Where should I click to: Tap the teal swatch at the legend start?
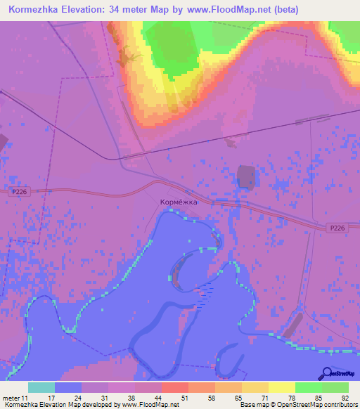41,387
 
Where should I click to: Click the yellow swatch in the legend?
282,387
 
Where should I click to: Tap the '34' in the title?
127,10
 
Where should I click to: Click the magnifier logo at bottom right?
328,373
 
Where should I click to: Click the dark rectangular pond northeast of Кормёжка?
246,176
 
